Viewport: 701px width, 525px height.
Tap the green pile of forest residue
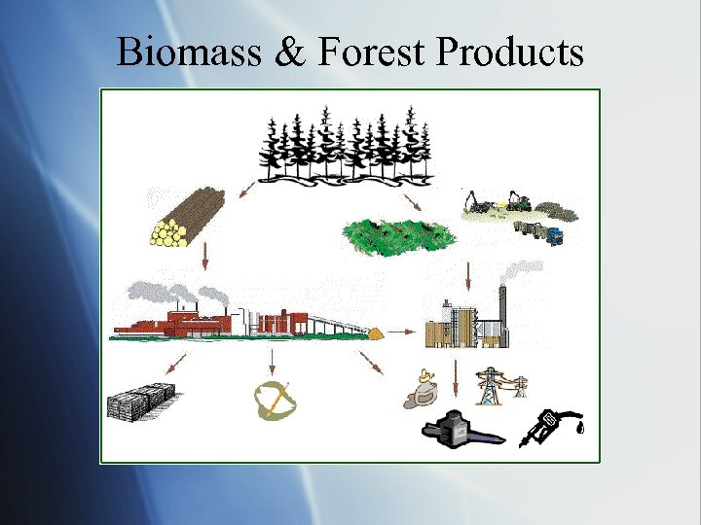[399, 233]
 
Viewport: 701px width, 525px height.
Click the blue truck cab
[552, 235]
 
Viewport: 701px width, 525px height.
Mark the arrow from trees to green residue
[410, 200]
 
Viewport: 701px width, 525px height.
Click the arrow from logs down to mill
[205, 258]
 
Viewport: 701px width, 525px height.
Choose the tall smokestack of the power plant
[502, 311]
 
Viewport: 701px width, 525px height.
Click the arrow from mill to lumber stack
[176, 366]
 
